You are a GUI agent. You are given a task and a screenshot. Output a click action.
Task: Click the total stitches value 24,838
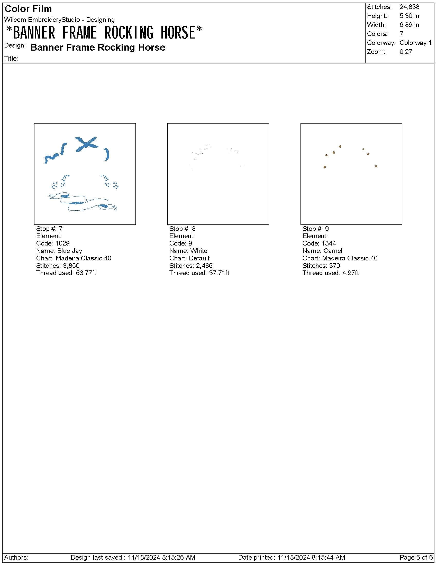coord(409,7)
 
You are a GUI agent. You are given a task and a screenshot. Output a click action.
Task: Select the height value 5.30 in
coord(409,16)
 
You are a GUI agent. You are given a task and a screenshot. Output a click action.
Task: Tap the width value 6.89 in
coord(409,25)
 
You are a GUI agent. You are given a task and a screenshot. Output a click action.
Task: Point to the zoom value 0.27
coord(406,52)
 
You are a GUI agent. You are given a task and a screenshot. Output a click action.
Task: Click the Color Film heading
coord(28,9)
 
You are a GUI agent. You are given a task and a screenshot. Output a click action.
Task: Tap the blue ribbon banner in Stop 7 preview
coord(83,202)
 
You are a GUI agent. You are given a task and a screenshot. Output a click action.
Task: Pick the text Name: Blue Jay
coord(59,251)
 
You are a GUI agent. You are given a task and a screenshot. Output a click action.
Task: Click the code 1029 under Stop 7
coord(62,243)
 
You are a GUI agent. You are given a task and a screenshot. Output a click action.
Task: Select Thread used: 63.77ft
coord(66,273)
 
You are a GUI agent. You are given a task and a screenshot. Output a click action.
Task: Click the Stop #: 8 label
coord(183,229)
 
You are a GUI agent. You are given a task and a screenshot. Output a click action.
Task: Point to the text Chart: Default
coord(189,258)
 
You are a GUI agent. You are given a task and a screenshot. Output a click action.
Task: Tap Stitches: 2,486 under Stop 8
coord(191,266)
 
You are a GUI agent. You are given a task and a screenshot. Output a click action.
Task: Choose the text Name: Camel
coord(322,251)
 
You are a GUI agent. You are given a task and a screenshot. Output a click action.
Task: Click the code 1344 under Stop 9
coord(329,243)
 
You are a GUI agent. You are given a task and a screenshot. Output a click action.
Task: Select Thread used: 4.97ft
coord(331,273)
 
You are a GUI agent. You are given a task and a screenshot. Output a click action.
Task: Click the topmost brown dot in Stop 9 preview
coord(340,146)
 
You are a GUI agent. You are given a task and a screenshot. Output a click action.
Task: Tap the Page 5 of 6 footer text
coord(416,557)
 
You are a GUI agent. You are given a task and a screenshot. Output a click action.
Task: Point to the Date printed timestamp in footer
coord(292,557)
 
